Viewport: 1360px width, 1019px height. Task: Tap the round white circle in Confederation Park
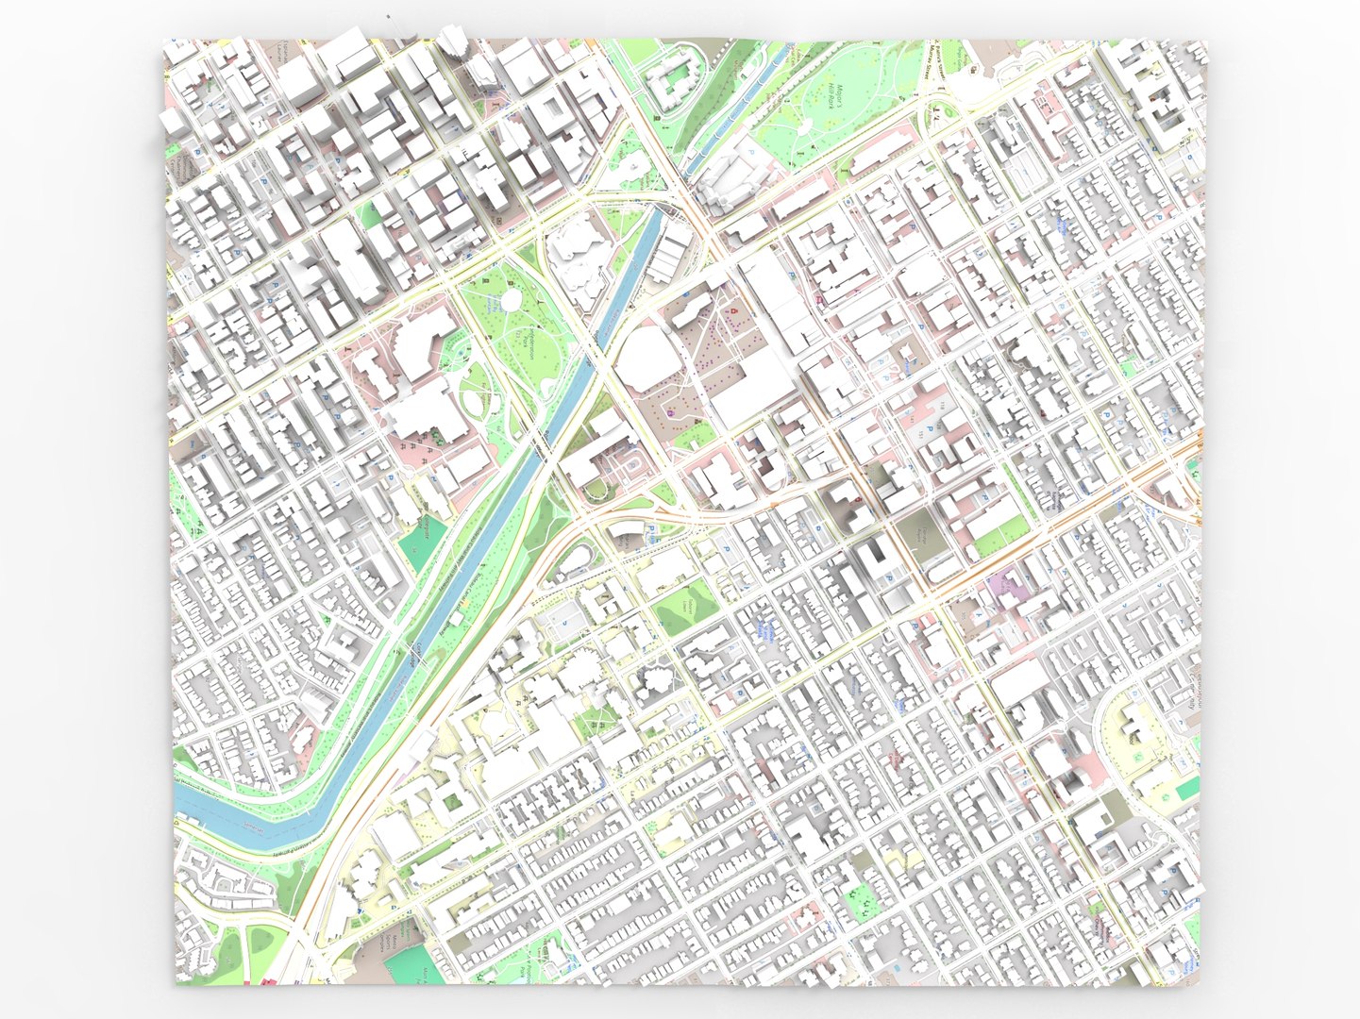(511, 300)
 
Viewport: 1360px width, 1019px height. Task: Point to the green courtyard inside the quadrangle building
(453, 801)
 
